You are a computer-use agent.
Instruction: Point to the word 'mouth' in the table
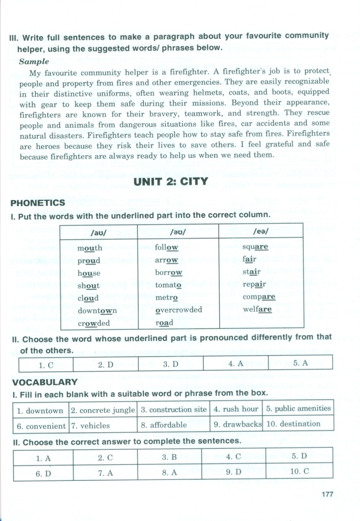[89, 248]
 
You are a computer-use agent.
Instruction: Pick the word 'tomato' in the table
[168, 285]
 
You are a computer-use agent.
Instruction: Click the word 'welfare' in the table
[257, 309]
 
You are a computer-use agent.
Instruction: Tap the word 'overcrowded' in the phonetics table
[178, 309]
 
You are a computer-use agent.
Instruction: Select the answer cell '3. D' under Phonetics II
[170, 364]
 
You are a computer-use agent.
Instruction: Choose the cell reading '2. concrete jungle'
[103, 410]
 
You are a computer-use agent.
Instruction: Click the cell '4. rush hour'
[236, 409]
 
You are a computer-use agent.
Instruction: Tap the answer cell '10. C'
[299, 471]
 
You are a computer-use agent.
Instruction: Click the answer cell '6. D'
[44, 473]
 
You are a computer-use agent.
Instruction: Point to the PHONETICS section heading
[38, 203]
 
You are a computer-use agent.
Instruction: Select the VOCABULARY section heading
[45, 382]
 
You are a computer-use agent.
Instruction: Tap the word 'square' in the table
[255, 247]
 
